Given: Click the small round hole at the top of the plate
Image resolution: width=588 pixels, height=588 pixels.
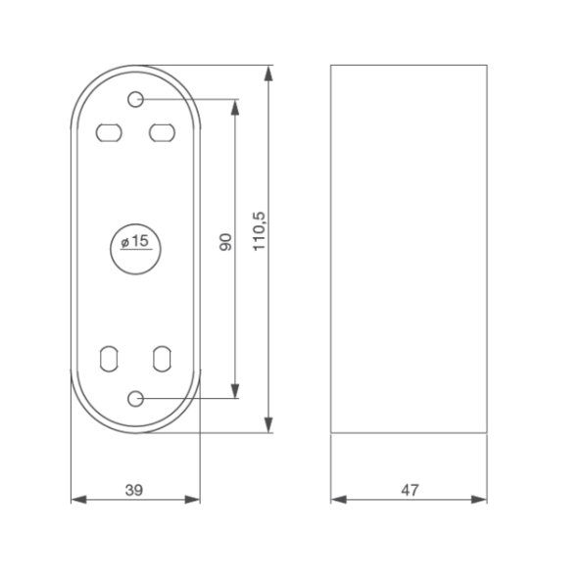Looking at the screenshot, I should pos(136,99).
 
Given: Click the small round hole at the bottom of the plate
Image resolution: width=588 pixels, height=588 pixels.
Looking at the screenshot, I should pos(136,398).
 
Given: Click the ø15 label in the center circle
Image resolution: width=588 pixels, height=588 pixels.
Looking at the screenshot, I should pos(133,242).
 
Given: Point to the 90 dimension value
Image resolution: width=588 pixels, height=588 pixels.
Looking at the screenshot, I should pos(224,243).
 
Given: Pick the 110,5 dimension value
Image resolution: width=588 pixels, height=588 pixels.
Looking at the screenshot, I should pos(259,230).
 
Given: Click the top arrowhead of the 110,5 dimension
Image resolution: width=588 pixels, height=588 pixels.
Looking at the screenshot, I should pos(270,73).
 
